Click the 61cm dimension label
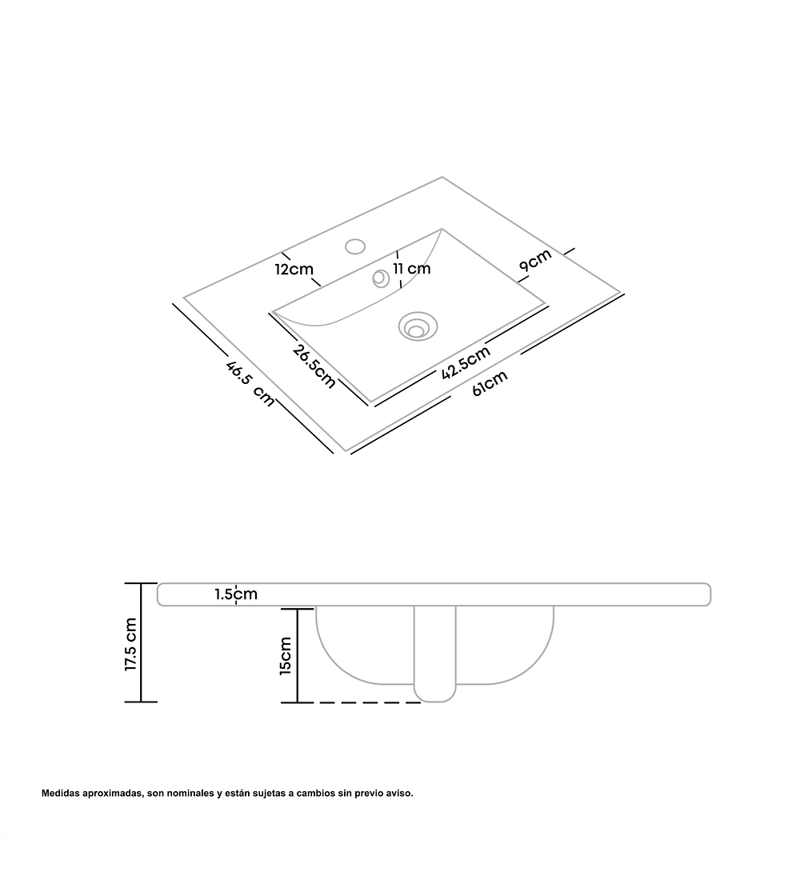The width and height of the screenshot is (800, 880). [490, 382]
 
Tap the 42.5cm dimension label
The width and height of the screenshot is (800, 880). [466, 362]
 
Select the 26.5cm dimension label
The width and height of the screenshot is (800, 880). [314, 366]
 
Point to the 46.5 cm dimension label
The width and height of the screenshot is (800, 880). [250, 384]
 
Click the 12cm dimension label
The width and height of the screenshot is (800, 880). [294, 270]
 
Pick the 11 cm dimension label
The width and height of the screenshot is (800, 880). [411, 268]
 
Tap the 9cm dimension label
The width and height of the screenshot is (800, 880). [535, 260]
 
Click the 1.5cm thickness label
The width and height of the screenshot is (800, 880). [236, 594]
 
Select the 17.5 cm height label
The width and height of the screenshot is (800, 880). [130, 644]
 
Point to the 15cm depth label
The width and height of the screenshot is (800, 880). [286, 655]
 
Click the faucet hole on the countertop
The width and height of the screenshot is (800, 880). [355, 246]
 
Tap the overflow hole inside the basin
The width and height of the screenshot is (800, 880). [381, 278]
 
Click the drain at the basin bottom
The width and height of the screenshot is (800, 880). [418, 326]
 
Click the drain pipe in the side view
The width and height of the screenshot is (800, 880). [435, 654]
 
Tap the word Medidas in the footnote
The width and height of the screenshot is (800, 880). [60, 793]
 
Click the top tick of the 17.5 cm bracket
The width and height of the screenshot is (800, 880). [140, 584]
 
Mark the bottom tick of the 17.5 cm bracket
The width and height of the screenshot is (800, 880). [140, 702]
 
